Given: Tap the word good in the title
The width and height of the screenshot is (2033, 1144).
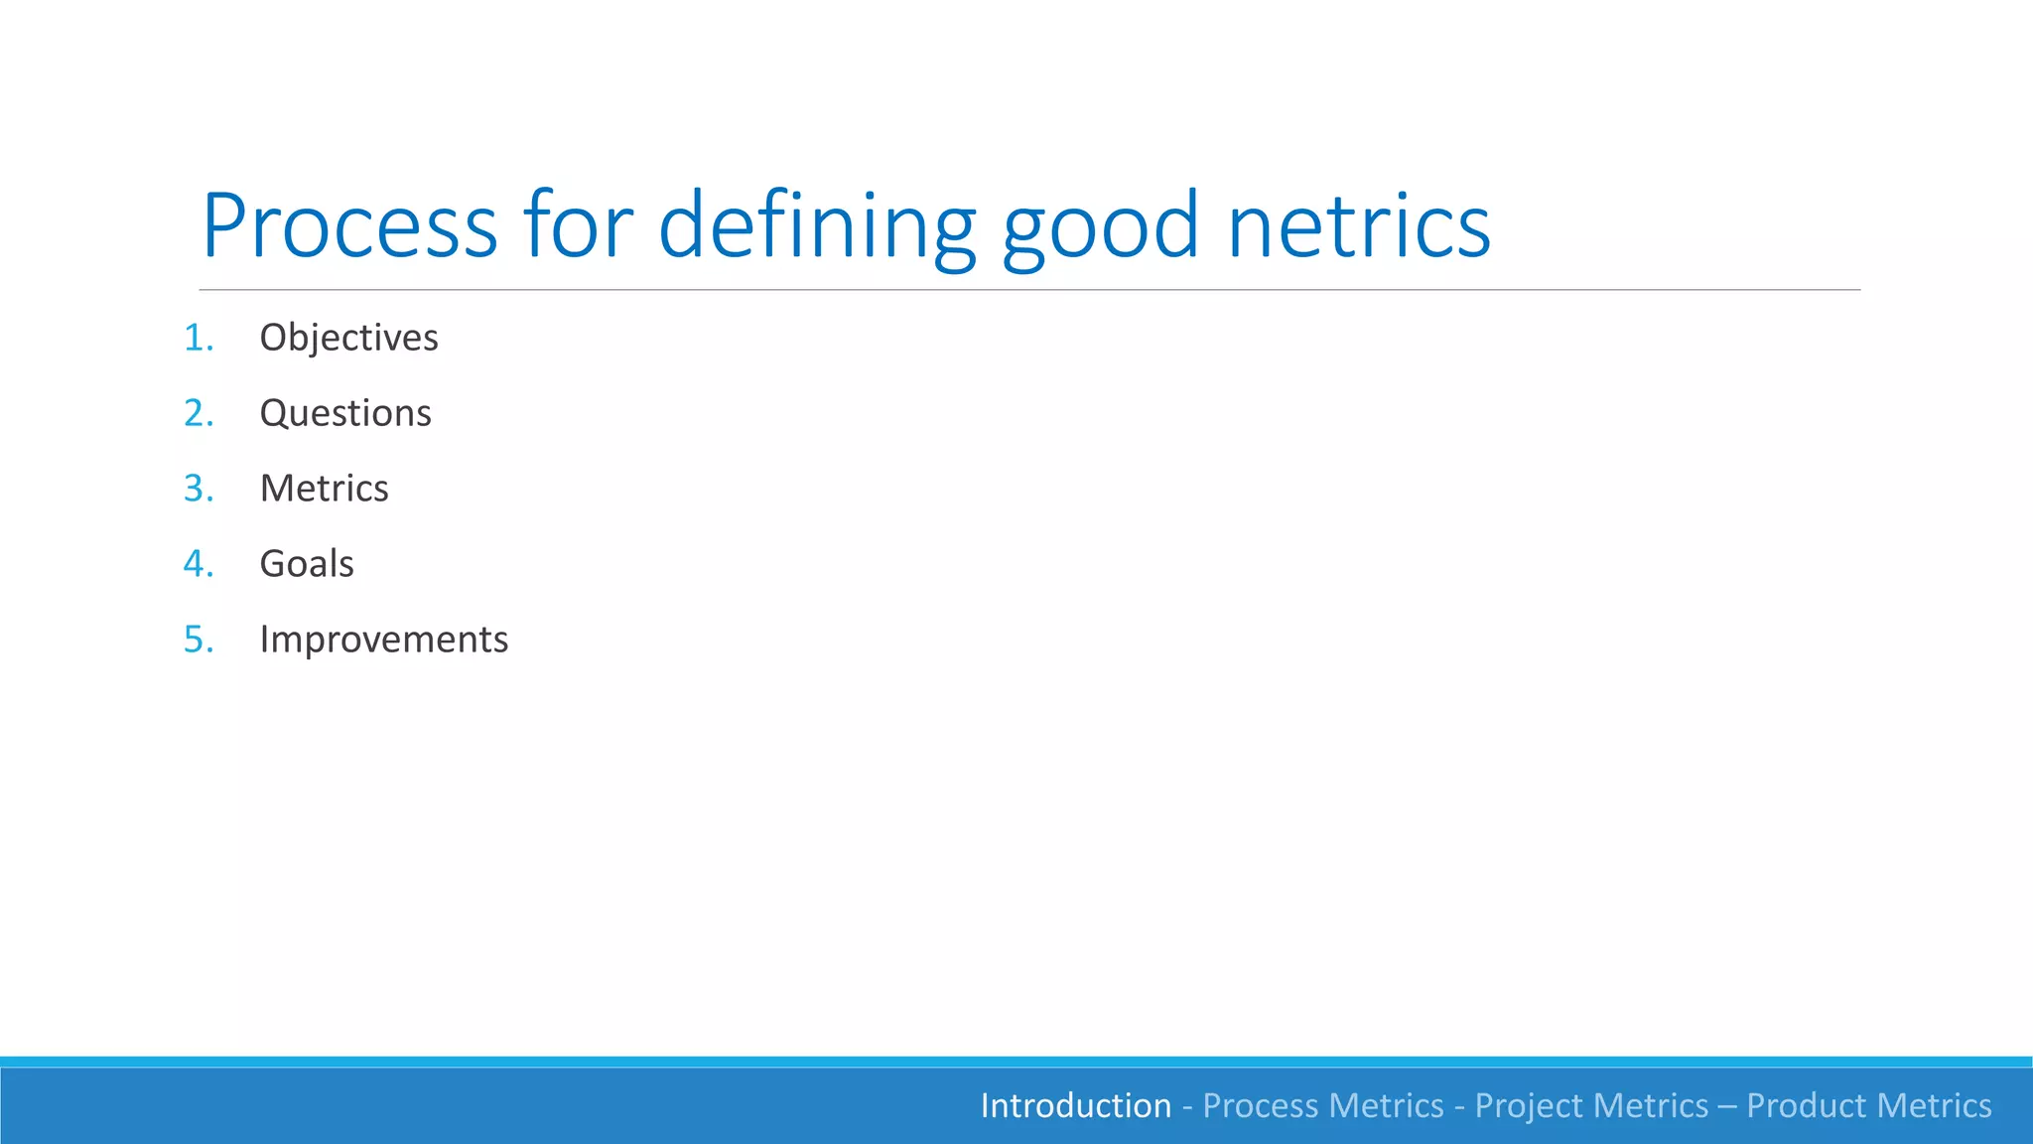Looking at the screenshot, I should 1101,227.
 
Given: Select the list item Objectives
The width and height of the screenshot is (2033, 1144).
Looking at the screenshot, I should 348,338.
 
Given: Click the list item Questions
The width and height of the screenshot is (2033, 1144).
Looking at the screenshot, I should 345,413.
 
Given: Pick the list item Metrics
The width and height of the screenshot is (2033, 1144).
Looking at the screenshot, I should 324,489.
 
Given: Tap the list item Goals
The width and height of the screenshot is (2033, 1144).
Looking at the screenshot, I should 307,564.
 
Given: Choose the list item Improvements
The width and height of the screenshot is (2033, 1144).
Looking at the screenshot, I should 383,640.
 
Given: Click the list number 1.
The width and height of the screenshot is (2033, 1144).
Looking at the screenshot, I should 198,338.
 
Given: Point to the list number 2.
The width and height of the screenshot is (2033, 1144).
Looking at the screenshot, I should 198,413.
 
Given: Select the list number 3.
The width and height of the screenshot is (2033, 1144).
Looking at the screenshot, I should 198,489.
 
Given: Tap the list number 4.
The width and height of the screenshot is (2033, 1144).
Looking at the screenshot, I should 198,564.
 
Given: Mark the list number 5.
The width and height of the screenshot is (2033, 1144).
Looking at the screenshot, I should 198,640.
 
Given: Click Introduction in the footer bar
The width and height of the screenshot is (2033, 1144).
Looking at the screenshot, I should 1075,1105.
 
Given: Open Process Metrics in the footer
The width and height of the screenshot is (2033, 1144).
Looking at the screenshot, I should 1323,1105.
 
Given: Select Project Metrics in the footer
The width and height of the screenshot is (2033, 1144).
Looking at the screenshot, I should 1591,1105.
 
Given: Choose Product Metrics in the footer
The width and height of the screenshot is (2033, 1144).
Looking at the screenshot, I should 1868,1105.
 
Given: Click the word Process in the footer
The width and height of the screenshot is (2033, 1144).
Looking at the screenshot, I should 1261,1105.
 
